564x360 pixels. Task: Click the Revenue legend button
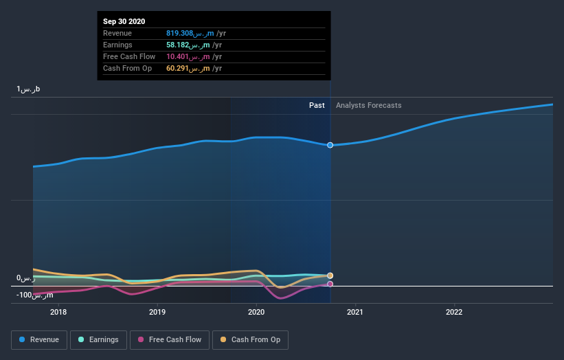click(40, 339)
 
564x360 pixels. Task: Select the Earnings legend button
click(98, 339)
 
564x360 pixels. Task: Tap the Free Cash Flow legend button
click(170, 339)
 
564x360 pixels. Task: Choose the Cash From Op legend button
click(251, 339)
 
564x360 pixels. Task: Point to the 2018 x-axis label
click(58, 311)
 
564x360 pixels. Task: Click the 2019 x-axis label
click(157, 311)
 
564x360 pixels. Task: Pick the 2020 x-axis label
click(256, 311)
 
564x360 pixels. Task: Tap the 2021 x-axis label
click(355, 311)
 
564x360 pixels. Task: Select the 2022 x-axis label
click(454, 311)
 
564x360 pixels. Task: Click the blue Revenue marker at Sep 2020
click(330, 145)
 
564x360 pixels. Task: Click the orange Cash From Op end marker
click(330, 275)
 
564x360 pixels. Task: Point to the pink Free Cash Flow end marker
click(330, 284)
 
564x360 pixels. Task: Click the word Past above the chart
click(317, 106)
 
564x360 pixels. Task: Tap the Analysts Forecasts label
click(369, 106)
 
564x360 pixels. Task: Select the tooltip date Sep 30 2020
click(124, 22)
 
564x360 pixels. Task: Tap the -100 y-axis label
click(35, 295)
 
